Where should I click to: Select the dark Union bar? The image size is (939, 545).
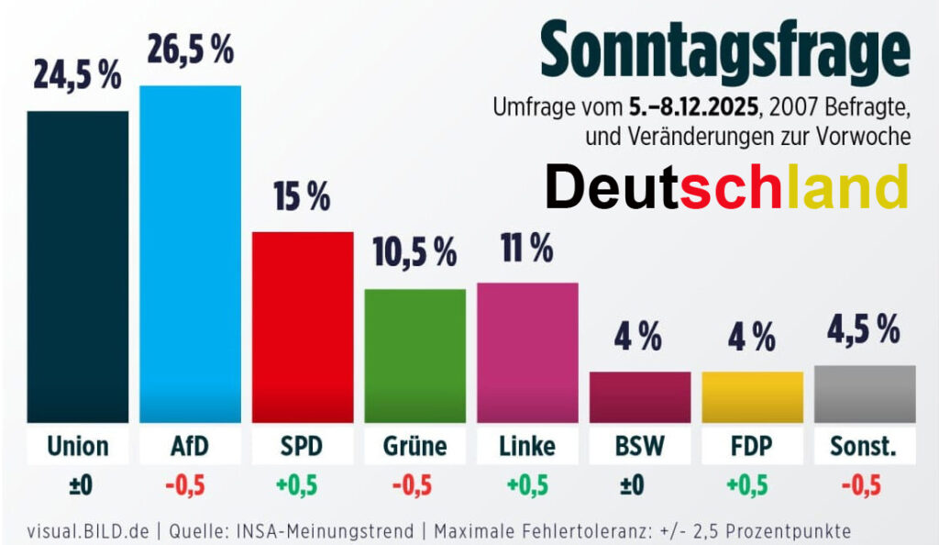coord(77,266)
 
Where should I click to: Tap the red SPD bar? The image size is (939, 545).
coord(303,326)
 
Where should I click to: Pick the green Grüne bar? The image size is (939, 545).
coord(414,355)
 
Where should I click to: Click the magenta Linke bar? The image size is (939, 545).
coord(527,352)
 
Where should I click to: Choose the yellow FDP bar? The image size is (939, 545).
coord(752,396)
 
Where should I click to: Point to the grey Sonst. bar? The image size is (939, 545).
coord(865,394)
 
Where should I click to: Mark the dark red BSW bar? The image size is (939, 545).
coord(639,396)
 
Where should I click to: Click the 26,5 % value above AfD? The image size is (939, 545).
coord(191,51)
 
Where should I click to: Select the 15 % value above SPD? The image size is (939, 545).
coord(302,197)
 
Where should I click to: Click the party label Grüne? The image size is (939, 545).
coord(414,446)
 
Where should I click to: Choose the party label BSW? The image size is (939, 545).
coord(639,446)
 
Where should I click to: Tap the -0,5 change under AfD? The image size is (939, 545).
coord(190,485)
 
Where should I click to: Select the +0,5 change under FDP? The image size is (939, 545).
coord(752,485)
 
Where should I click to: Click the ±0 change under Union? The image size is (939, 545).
coord(77,485)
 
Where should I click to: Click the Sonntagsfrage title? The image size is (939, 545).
coord(724,54)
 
